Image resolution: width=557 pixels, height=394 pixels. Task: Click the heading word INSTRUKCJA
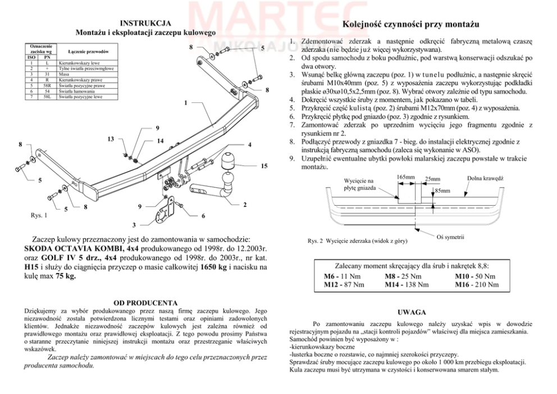[x=146, y=23]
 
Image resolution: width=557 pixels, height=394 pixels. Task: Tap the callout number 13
[x=111, y=139]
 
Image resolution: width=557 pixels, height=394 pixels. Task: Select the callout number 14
[x=160, y=141]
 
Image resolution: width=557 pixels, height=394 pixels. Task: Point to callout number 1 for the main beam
[x=185, y=103]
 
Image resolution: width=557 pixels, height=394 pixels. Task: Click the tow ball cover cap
[x=229, y=159]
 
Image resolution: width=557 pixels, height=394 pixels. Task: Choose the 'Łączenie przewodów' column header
[x=88, y=52]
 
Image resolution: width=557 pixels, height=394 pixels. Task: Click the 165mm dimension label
[x=405, y=177]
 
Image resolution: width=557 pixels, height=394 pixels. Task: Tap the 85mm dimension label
[x=443, y=191]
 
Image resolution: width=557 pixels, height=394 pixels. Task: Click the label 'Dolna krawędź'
[x=485, y=178]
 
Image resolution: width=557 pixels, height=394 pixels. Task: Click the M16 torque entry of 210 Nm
[x=477, y=285]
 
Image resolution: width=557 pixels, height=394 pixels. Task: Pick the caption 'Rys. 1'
[x=39, y=215]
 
